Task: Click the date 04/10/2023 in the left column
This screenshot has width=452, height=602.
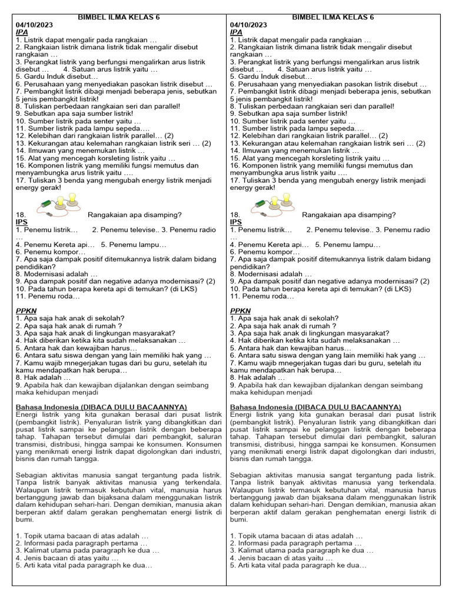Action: point(34,25)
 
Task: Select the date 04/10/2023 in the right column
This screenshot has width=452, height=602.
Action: point(248,25)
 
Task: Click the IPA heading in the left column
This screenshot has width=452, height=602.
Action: point(22,32)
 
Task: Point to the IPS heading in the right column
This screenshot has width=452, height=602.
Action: point(236,222)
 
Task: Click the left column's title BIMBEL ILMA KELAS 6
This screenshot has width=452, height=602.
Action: point(119,18)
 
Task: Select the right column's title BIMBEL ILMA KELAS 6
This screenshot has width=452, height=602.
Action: point(333,18)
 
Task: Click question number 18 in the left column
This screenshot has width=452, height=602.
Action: point(21,215)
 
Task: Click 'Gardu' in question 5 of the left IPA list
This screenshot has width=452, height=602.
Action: point(34,76)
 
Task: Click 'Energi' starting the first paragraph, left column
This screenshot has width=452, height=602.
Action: point(26,414)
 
